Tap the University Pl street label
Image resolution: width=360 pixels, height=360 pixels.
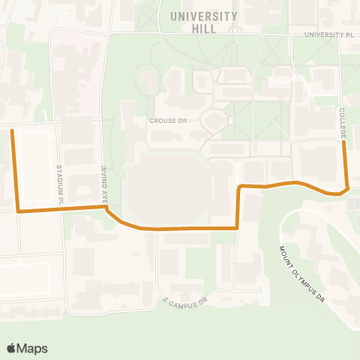328,34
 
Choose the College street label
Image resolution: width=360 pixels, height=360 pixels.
343,122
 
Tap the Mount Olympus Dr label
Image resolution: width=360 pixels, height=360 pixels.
304,273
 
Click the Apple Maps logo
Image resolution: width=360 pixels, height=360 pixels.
27,348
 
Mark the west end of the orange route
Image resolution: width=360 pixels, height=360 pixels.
11,130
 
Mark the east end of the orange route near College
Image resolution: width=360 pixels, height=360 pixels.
344,143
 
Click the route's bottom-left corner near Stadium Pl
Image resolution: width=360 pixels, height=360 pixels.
19,211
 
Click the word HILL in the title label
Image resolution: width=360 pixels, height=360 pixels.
204,29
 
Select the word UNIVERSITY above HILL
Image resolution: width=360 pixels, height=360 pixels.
204,16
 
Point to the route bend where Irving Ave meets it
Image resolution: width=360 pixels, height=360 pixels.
106,208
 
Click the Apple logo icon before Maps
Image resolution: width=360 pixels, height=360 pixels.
11,347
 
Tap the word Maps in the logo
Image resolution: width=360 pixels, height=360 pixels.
33,348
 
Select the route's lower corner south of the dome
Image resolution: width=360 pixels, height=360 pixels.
237,226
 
